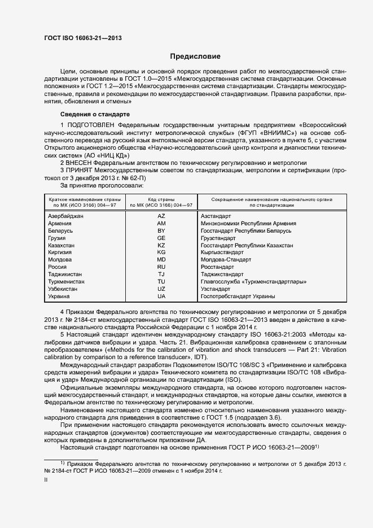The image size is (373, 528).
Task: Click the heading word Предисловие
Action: [196, 56]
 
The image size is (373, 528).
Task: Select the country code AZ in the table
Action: [161, 216]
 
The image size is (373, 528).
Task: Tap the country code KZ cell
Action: [161, 246]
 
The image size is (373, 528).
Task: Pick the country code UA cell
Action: [161, 296]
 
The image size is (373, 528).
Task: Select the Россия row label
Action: [58, 267]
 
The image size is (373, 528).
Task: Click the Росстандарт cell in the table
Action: [217, 267]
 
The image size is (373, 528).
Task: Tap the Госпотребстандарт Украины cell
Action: [238, 296]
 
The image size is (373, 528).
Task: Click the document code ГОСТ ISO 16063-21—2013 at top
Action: [83, 38]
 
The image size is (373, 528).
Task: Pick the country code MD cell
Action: [161, 260]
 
